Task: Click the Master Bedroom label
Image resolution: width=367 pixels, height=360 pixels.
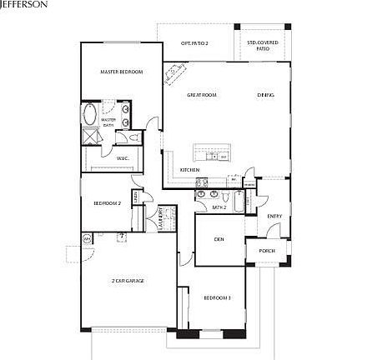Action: (x=122, y=72)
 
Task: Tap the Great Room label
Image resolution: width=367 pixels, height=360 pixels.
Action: (x=202, y=95)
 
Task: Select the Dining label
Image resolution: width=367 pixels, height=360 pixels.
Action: (x=265, y=95)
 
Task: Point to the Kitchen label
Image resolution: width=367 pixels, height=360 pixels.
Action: (x=190, y=170)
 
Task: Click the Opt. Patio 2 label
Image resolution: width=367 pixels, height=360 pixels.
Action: (x=194, y=42)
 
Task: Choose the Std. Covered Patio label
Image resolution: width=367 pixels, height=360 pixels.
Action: (x=263, y=44)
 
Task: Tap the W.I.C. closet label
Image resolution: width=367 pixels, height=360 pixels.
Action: (x=122, y=157)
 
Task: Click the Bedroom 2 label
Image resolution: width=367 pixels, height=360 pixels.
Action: (x=107, y=202)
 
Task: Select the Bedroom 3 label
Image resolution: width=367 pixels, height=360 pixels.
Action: (x=218, y=297)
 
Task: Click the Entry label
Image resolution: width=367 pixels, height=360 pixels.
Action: (x=274, y=217)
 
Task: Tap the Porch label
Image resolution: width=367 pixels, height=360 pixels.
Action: (x=267, y=250)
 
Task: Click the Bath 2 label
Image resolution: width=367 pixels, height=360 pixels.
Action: (x=219, y=207)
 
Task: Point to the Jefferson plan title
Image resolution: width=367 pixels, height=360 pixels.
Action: (x=23, y=4)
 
